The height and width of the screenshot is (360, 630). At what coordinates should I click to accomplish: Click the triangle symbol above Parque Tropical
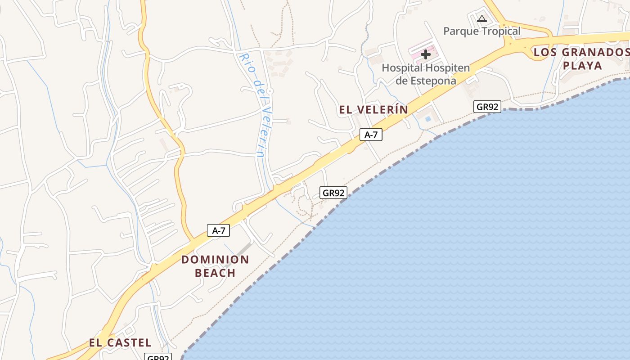[x=482, y=19]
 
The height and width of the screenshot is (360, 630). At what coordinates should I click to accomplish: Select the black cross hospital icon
[x=425, y=54]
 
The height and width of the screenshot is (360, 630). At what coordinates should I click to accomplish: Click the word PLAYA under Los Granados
[x=582, y=66]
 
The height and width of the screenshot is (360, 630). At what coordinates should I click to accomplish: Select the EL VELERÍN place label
[x=373, y=109]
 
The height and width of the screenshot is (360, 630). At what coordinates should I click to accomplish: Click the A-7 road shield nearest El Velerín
[x=371, y=135]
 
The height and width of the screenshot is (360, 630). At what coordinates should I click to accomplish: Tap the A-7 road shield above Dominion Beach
[x=218, y=231]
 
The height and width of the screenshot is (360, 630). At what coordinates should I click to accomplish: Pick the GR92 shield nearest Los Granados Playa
[x=487, y=107]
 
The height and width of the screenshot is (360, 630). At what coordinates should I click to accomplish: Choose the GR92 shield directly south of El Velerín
[x=333, y=193]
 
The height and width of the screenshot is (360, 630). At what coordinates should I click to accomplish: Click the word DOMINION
[x=215, y=260]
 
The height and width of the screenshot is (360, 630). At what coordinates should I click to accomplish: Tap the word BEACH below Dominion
[x=215, y=273]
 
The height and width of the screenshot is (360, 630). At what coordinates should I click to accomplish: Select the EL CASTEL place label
[x=120, y=342]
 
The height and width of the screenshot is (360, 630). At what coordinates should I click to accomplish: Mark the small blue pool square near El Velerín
[x=427, y=119]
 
